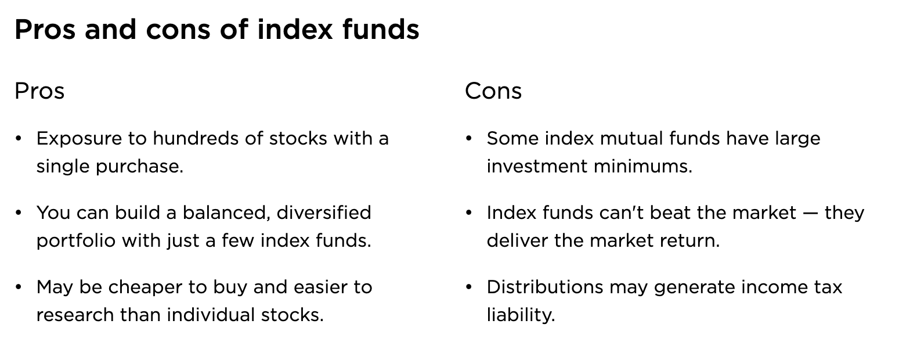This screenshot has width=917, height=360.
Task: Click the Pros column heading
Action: [39, 91]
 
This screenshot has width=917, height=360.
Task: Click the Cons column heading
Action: [493, 91]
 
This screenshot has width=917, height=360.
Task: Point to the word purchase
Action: [139, 167]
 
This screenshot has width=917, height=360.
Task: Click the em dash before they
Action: [811, 214]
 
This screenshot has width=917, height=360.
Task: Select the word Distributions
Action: [545, 287]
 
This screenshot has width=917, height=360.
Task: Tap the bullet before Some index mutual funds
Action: [469, 138]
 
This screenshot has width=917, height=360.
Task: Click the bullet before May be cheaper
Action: [19, 287]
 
